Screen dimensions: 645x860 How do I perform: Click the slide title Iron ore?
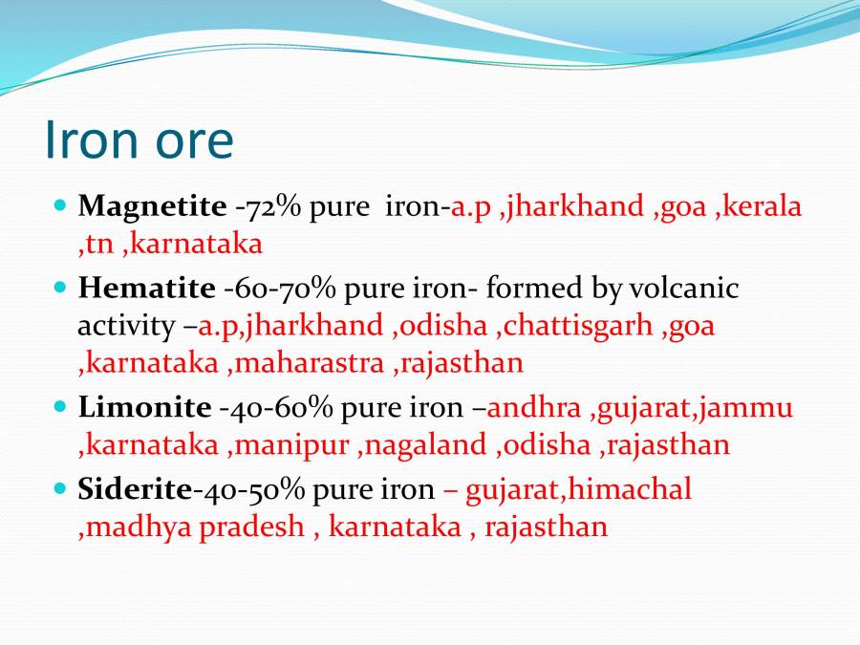pyautogui.click(x=139, y=140)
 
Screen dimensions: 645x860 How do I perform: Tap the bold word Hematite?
pyautogui.click(x=146, y=289)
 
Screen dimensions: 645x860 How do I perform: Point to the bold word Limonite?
pyautogui.click(x=144, y=408)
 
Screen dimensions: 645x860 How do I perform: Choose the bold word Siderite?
pyautogui.click(x=135, y=490)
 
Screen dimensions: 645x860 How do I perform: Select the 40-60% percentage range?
pyautogui.click(x=276, y=408)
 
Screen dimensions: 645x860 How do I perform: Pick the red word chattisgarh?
pyautogui.click(x=578, y=326)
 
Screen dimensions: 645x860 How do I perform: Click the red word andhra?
pyautogui.click(x=534, y=408)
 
